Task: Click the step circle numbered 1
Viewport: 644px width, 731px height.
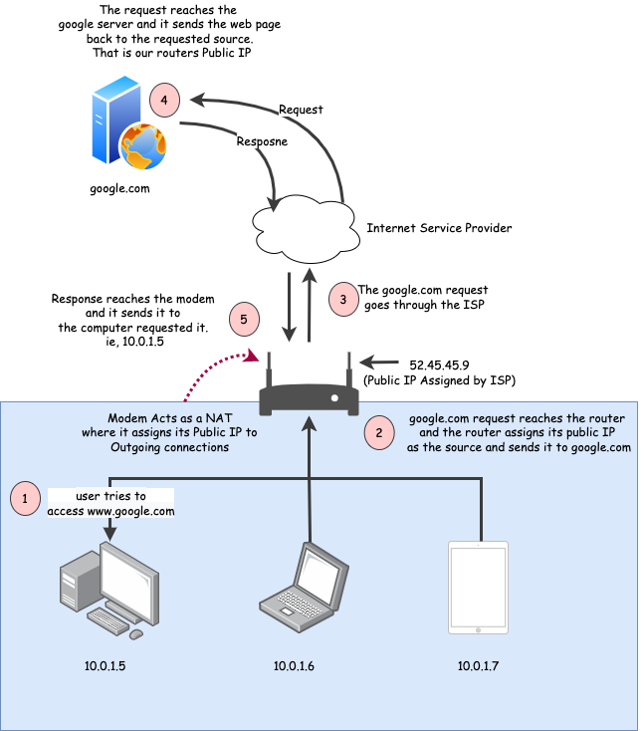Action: (26, 498)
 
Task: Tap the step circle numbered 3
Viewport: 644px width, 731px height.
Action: (343, 299)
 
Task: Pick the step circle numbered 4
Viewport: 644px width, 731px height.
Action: (165, 101)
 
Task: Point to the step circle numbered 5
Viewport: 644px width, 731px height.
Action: (243, 320)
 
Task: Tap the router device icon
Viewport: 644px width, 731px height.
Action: (309, 393)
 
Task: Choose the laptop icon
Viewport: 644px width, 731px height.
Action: (304, 588)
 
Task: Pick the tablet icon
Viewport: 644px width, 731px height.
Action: (478, 588)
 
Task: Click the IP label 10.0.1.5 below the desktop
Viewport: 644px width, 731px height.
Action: (105, 664)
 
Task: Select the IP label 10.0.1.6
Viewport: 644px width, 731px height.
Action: (294, 665)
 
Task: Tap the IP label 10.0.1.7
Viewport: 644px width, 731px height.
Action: (478, 664)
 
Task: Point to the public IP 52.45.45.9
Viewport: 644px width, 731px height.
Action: (440, 364)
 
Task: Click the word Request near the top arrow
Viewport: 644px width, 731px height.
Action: (300, 109)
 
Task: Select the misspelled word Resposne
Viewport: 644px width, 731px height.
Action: (263, 141)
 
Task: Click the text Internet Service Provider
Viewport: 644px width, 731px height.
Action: (439, 228)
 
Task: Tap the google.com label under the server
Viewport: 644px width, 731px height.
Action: (119, 187)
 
